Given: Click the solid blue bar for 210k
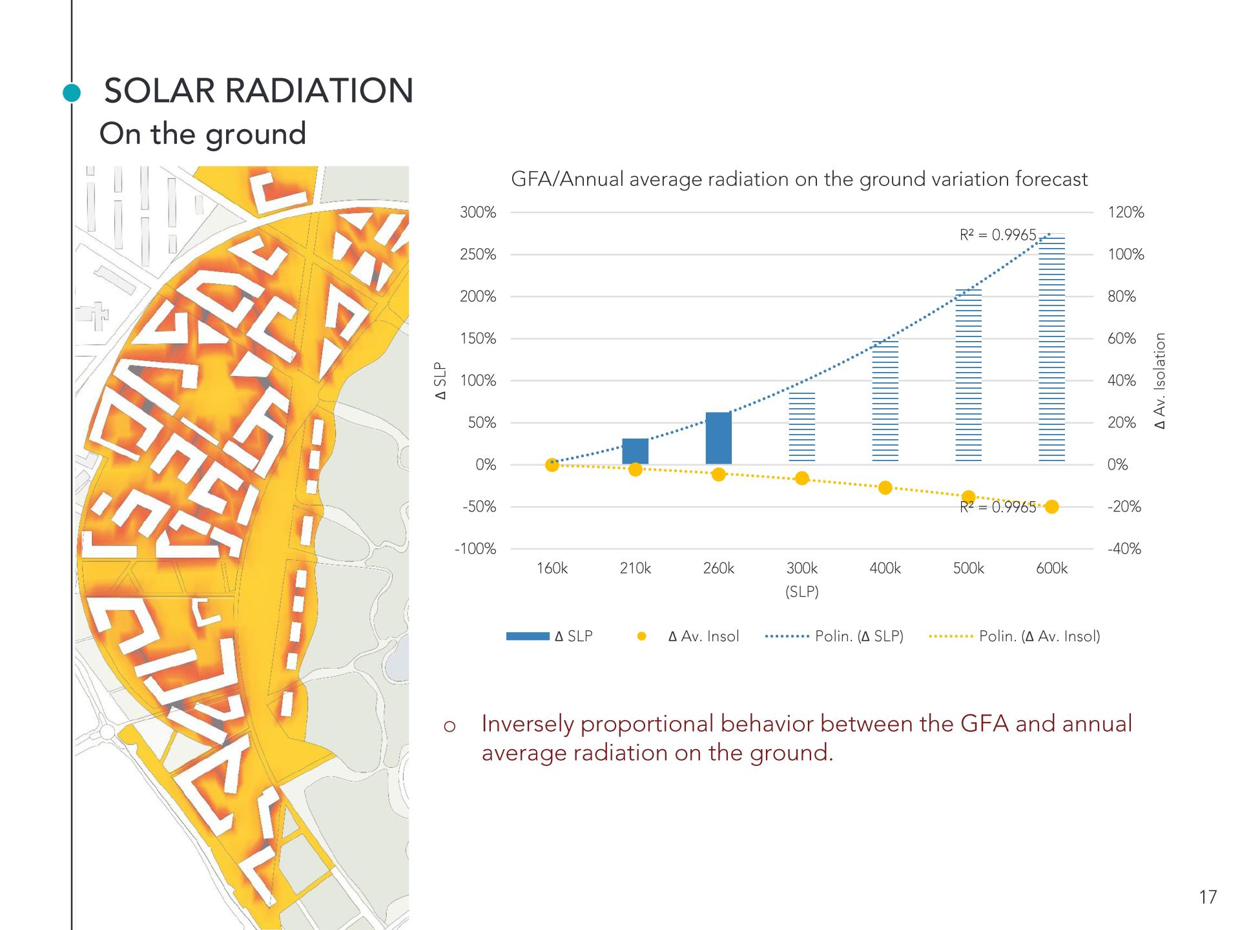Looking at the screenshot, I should coord(635,451).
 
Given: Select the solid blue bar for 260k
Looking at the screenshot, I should coord(718,439).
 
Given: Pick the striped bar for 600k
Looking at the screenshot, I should coord(1051,349).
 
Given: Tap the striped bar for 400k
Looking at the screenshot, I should coord(885,401).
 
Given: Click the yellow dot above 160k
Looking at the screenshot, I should coord(552,465).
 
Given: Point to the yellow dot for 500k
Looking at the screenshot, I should coord(968,497).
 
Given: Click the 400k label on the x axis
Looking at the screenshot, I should coord(885,568).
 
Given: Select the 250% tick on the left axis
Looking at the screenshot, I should coord(478,254).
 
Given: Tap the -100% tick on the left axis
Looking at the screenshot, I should coord(475,549).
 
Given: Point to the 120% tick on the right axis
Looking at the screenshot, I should coord(1126,212).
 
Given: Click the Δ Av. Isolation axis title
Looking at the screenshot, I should coord(1161,380).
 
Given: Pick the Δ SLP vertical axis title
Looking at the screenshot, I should coord(440,381).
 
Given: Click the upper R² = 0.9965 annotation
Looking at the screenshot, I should coord(997,235).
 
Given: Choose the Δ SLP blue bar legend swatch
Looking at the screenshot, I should coord(528,636).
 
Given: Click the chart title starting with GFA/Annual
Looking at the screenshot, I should coord(799,179).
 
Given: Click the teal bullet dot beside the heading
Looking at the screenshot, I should coord(72,94).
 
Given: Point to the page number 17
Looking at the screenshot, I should coord(1207,897).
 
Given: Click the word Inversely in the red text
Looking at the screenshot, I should coord(527,724).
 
